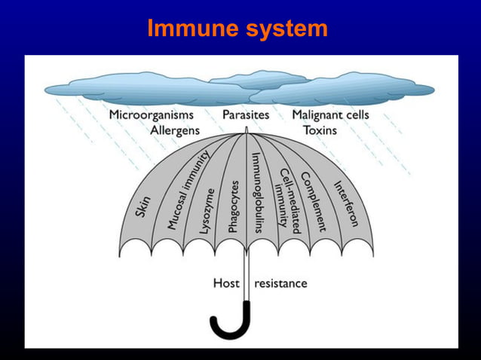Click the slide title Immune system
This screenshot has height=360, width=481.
point(237,29)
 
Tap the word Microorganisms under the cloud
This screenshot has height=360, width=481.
point(151,115)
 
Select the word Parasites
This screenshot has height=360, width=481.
point(245,115)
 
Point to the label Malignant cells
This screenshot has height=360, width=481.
point(330,115)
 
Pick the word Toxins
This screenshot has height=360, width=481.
point(320,130)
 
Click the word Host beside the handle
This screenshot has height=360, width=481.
point(226,283)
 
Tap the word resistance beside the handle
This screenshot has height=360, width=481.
point(280,283)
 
